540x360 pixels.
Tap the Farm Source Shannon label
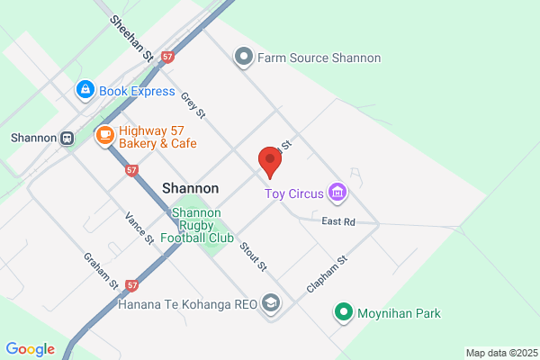319,58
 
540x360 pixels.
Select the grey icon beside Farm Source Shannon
243,58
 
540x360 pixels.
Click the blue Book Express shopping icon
85,90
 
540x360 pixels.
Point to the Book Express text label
137,91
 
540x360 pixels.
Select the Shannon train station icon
67,139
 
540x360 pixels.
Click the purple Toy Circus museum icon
337,192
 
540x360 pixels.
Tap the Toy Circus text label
293,193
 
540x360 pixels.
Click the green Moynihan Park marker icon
343,313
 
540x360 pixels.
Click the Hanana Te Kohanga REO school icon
271,304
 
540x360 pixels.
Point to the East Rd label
338,221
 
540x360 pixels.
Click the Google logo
31,349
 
